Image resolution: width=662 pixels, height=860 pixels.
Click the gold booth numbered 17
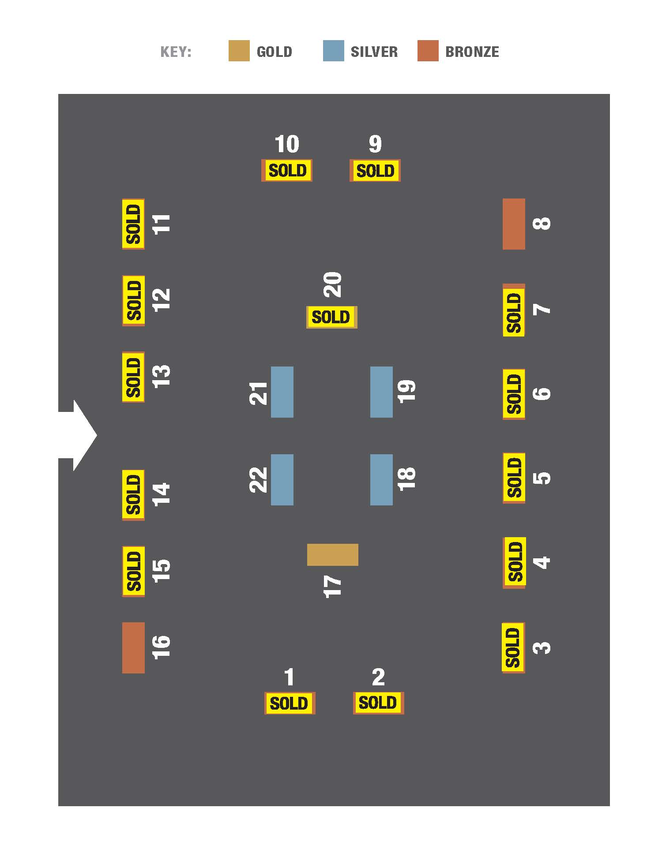click(x=332, y=554)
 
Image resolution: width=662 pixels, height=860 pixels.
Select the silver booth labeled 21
click(x=282, y=392)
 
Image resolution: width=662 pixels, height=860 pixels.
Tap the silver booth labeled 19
click(x=381, y=392)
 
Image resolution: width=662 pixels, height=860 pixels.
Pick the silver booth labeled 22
click(x=282, y=479)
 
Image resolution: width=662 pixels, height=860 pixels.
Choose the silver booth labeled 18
click(x=381, y=479)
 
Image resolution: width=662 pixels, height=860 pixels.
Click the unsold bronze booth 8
click(x=514, y=224)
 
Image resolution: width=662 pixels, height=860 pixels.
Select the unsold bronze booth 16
click(x=133, y=647)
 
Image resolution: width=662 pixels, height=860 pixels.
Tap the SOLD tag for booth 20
click(x=331, y=317)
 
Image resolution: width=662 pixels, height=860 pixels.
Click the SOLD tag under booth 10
click(x=287, y=170)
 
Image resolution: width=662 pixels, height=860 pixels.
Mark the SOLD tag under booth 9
click(x=375, y=170)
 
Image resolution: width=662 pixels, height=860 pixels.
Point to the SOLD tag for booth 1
click(x=290, y=703)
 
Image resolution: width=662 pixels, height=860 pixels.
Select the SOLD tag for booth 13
click(x=133, y=377)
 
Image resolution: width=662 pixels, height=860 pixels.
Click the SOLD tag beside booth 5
click(x=514, y=478)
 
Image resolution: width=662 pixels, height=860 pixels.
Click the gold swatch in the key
click(x=239, y=51)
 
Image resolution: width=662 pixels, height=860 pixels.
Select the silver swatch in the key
click(x=333, y=51)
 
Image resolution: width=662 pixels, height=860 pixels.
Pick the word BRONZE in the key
click(x=472, y=52)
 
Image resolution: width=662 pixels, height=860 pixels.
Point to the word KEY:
click(x=176, y=52)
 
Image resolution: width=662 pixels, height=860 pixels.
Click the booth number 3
click(x=542, y=647)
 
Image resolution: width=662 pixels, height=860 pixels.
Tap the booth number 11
click(x=162, y=224)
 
